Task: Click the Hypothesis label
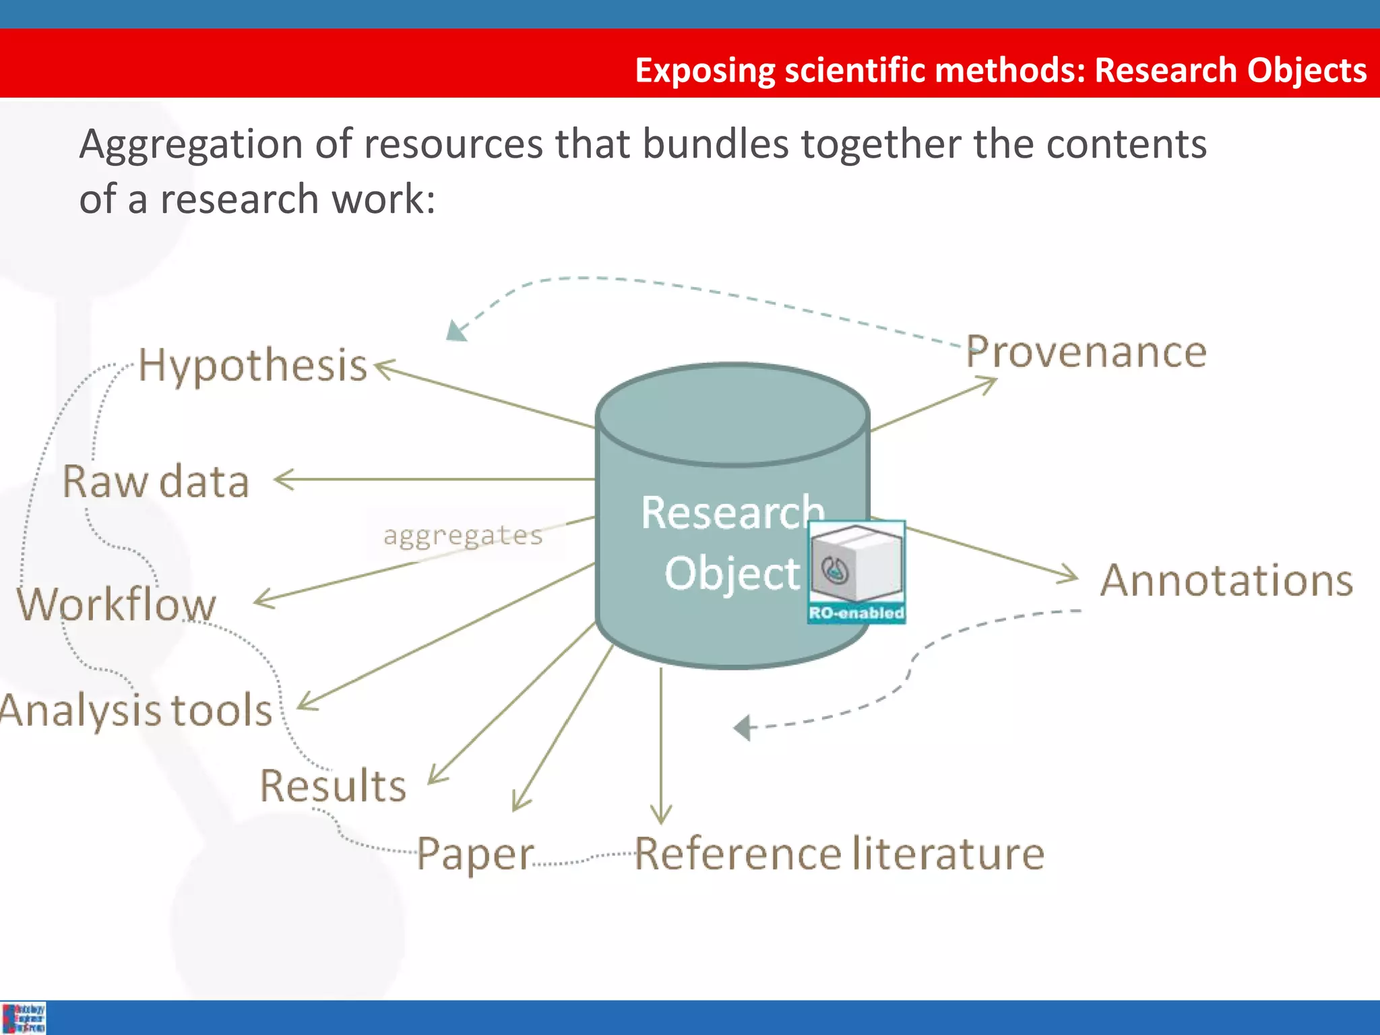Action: click(253, 366)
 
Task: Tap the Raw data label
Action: click(156, 482)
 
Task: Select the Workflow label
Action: click(117, 604)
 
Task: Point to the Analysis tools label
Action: click(136, 710)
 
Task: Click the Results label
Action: click(334, 786)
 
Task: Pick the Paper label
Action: click(475, 854)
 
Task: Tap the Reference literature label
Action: click(839, 854)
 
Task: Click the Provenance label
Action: click(1086, 352)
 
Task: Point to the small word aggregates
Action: click(463, 536)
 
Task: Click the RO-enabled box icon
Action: click(856, 571)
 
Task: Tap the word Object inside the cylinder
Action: click(732, 573)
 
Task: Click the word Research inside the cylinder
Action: click(732, 513)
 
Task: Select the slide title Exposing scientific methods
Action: click(1001, 70)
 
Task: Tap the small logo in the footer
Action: click(24, 1017)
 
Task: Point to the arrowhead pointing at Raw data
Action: click(283, 480)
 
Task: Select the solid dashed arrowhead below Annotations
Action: click(742, 728)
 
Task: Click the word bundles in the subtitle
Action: click(714, 144)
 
